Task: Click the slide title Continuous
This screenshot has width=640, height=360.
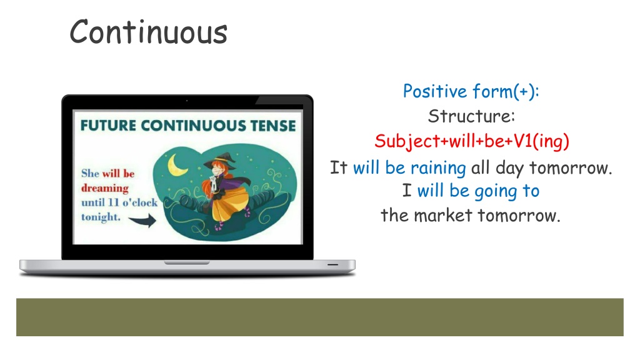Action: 149,32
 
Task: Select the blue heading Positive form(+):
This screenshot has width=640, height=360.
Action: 471,91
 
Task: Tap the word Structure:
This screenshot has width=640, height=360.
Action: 471,116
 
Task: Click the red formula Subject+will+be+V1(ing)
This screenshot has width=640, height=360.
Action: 472,142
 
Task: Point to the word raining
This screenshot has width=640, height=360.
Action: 438,168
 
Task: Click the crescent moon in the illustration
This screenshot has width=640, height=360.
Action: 177,165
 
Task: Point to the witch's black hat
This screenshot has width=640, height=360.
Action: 221,161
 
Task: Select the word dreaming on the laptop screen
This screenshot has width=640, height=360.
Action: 105,188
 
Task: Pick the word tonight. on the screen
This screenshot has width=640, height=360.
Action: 101,217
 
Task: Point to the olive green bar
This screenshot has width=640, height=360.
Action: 320,317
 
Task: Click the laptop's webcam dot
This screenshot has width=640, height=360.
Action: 187,101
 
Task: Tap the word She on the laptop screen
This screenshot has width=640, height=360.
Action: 90,174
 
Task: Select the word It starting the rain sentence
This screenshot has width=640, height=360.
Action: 338,167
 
